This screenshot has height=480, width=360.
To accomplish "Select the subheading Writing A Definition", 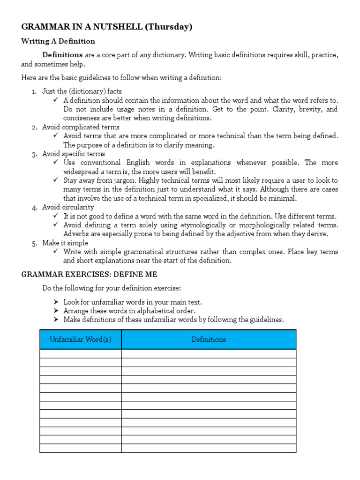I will [x=58, y=41].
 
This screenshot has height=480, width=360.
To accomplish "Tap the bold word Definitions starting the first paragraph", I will [x=62, y=55].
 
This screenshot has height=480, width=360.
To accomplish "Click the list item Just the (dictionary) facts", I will [x=82, y=91].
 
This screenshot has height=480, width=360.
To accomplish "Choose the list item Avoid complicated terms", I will [x=81, y=127].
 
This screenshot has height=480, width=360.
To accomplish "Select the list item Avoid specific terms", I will [x=74, y=154].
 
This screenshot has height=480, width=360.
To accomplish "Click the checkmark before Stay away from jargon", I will [x=56, y=180].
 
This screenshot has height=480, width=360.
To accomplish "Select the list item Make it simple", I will [x=65, y=243].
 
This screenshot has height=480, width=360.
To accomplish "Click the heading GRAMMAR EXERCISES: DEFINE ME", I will [x=89, y=274].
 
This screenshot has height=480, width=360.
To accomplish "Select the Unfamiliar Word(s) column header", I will [x=81, y=339].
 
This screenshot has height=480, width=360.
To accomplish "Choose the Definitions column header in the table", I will [x=209, y=339].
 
